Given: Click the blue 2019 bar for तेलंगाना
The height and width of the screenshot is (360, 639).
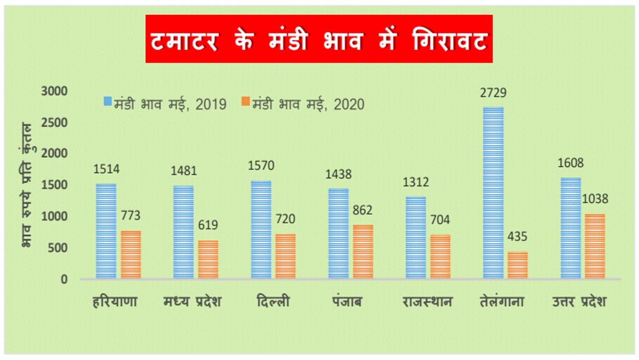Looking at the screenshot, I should pyautogui.click(x=493, y=193).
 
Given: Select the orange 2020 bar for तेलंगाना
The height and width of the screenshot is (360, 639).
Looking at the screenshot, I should pyautogui.click(x=518, y=265).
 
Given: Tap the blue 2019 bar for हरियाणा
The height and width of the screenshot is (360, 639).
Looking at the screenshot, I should pyautogui.click(x=106, y=231).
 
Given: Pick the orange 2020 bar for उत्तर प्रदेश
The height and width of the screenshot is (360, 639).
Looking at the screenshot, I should pyautogui.click(x=595, y=246).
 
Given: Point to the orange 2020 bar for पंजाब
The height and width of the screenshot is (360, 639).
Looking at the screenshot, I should pyautogui.click(x=363, y=252).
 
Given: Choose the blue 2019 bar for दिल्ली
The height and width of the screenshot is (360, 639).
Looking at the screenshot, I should pyautogui.click(x=261, y=230).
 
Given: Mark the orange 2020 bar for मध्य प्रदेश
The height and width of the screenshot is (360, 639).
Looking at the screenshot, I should pyautogui.click(x=208, y=260).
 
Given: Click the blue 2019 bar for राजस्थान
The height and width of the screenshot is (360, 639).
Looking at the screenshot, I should pyautogui.click(x=415, y=238).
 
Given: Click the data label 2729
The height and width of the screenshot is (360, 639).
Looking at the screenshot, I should pyautogui.click(x=493, y=93).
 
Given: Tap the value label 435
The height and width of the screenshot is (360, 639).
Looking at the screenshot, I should pyautogui.click(x=517, y=236).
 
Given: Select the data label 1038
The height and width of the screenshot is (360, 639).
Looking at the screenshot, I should pyautogui.click(x=595, y=199).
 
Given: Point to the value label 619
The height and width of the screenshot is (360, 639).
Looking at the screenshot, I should pyautogui.click(x=208, y=225).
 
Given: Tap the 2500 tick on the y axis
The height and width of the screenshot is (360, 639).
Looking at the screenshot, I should pyautogui.click(x=54, y=122).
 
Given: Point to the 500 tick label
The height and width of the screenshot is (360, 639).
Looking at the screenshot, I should pyautogui.click(x=58, y=248).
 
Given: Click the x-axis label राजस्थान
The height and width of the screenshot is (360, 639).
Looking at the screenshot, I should pyautogui.click(x=428, y=302).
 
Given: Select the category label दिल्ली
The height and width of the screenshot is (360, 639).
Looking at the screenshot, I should pyautogui.click(x=273, y=302).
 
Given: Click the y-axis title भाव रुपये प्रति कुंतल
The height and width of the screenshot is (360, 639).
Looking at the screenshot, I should pyautogui.click(x=27, y=184).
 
